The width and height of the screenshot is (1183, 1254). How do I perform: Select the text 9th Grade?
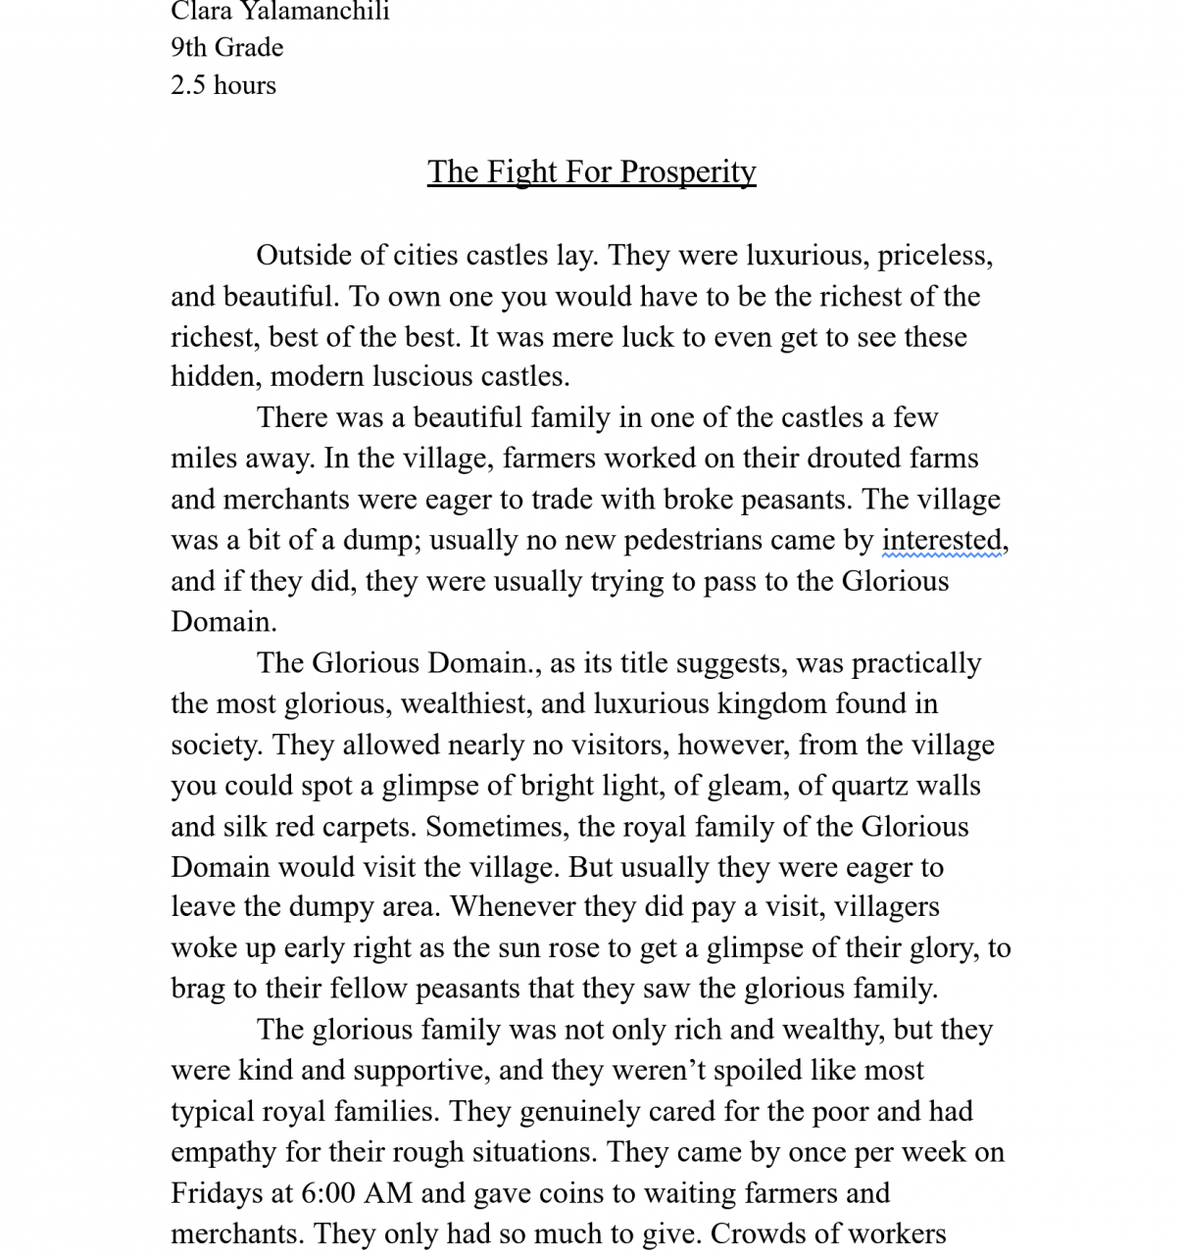tap(226, 47)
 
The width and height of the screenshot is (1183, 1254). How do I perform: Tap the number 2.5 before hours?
tap(188, 85)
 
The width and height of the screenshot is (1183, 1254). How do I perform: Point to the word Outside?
tap(304, 256)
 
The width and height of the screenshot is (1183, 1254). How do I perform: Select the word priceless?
tap(935, 256)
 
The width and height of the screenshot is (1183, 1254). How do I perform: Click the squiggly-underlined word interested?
tap(942, 540)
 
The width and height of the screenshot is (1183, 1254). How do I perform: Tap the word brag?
tap(198, 989)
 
